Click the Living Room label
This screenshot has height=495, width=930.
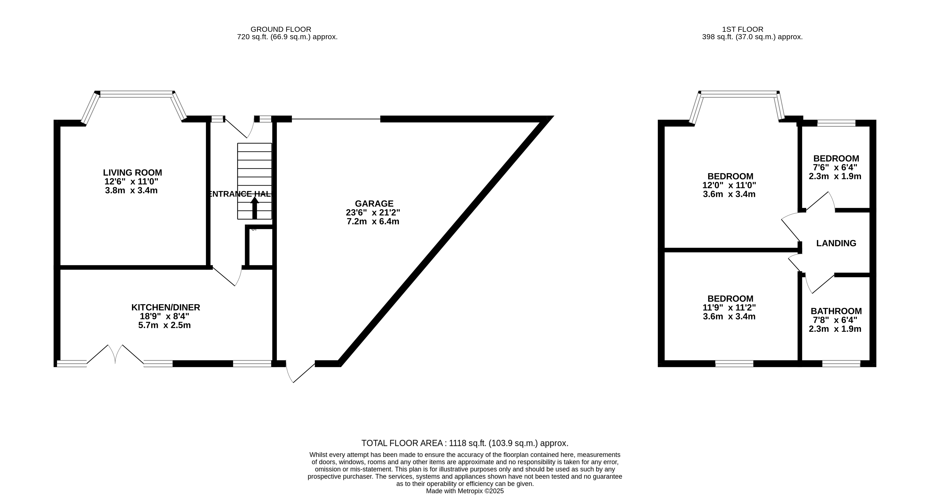tap(133, 173)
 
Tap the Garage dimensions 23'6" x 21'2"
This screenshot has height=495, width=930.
tap(373, 213)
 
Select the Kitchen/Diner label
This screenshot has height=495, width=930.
tap(165, 307)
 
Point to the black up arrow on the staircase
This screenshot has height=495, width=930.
tap(255, 207)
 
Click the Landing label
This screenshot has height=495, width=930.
tap(836, 243)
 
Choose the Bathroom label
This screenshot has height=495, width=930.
tap(836, 311)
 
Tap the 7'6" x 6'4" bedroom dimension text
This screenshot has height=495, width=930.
tap(835, 167)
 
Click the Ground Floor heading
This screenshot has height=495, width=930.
tap(281, 29)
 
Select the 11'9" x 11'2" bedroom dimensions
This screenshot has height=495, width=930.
tap(729, 308)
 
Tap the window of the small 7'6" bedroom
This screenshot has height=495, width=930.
tap(836, 123)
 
